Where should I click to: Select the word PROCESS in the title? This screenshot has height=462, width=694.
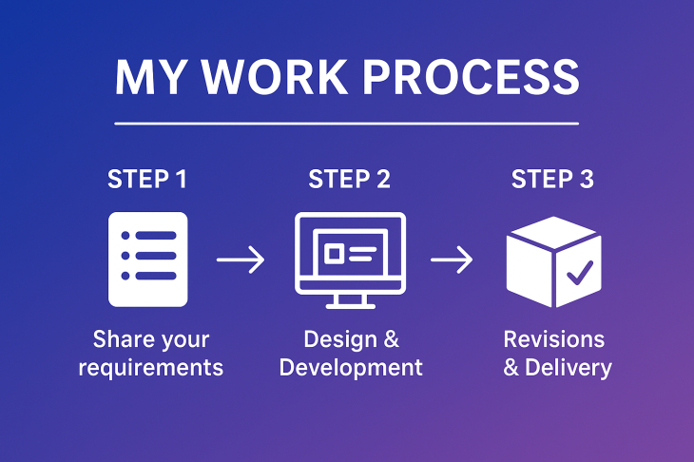point(470,77)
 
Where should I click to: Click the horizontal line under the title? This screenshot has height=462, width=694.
point(346,124)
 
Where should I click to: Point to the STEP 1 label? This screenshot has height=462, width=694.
point(147,179)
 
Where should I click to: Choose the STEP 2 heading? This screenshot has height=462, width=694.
point(350,179)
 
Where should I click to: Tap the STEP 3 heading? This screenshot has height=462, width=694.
point(552,179)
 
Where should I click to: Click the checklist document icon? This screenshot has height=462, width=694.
point(148,259)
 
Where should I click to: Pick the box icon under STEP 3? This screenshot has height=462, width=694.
point(553,260)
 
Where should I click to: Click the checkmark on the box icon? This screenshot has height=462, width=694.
point(579,274)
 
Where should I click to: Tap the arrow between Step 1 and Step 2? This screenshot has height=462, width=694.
point(241,259)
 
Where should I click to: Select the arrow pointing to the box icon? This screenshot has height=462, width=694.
point(452,259)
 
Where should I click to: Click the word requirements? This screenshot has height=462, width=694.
point(150,367)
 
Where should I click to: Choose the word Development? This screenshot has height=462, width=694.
point(351,367)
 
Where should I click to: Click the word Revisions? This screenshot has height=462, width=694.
point(553,339)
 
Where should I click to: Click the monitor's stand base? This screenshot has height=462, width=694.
point(350,305)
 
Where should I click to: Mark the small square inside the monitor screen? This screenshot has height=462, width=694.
point(335,254)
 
